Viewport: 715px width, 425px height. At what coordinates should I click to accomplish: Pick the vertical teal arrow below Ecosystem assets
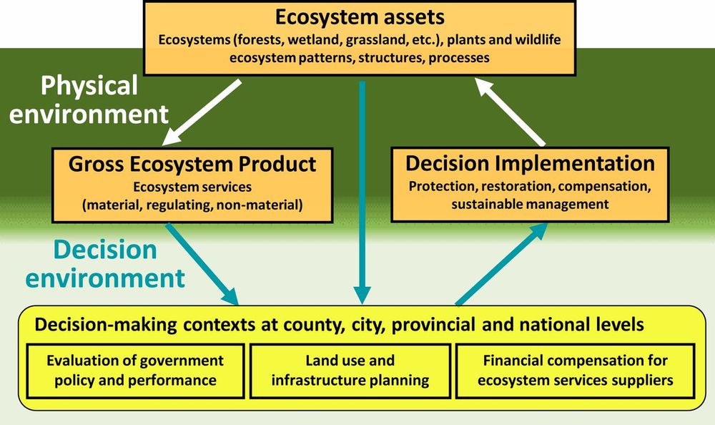tap(363, 190)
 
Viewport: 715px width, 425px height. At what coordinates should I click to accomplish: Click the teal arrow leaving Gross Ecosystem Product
tap(202, 263)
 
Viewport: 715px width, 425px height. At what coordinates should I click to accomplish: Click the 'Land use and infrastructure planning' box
tap(350, 370)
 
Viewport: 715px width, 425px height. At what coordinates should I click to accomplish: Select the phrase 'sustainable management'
tap(530, 204)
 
